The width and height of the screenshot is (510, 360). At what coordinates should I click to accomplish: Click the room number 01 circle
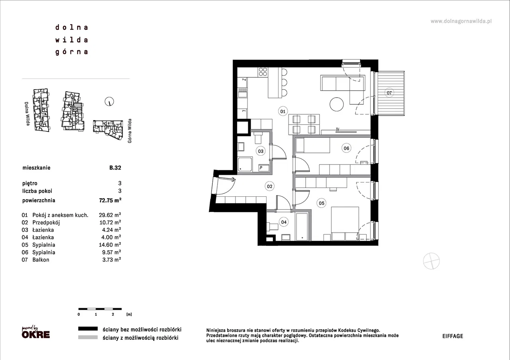(282, 112)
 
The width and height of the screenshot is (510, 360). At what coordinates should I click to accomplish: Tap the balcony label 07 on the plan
(389, 93)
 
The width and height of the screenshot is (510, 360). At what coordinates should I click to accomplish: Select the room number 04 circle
(284, 222)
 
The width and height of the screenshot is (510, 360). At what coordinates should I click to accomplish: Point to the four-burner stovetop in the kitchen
(263, 72)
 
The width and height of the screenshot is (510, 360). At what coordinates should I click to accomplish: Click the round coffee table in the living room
(337, 104)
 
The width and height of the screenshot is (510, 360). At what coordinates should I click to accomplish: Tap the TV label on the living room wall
(337, 130)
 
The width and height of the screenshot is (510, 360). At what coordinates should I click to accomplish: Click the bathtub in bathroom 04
(302, 226)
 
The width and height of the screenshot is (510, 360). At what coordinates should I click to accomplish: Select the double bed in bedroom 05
(345, 223)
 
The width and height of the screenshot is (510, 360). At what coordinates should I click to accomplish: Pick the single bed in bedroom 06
(313, 145)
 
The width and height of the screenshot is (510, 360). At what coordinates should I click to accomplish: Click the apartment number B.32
(115, 168)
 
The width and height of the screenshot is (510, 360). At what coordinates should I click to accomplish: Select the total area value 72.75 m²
(110, 200)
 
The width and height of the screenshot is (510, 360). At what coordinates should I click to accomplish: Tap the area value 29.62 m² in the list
(110, 215)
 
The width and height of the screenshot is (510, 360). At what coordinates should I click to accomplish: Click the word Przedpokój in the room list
(46, 222)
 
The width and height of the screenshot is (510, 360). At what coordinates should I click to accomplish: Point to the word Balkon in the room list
(41, 260)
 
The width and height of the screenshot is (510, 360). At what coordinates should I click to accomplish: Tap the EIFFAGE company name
(453, 336)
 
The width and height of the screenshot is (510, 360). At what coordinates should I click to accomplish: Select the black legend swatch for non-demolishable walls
(88, 329)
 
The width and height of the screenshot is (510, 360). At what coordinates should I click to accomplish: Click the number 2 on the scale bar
(113, 315)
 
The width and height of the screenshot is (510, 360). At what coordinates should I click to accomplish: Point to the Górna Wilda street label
(129, 131)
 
